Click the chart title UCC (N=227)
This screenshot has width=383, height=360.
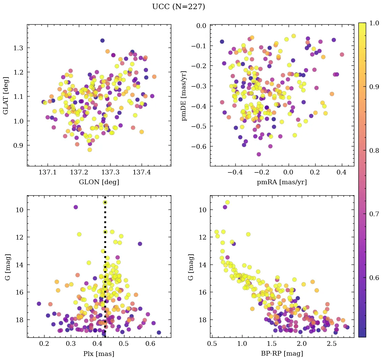[178, 7]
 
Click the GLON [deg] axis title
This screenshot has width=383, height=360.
[99, 182]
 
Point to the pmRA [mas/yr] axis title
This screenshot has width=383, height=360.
[282, 182]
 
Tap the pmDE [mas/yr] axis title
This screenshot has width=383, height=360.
[184, 95]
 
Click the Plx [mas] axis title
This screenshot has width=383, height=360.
[99, 354]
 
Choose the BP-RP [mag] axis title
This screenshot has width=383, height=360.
[282, 354]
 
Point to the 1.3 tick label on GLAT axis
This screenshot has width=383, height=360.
[18, 48]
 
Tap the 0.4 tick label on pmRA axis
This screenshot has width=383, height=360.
[342, 173]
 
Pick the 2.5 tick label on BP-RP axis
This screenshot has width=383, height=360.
[332, 344]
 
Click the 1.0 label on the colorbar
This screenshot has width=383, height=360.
[374, 23]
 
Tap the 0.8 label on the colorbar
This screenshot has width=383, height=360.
[374, 150]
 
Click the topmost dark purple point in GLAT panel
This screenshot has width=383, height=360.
[102, 40]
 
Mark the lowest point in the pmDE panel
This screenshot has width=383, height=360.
[259, 154]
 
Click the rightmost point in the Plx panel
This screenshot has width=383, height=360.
[159, 332]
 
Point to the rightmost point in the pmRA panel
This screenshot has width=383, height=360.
[342, 54]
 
